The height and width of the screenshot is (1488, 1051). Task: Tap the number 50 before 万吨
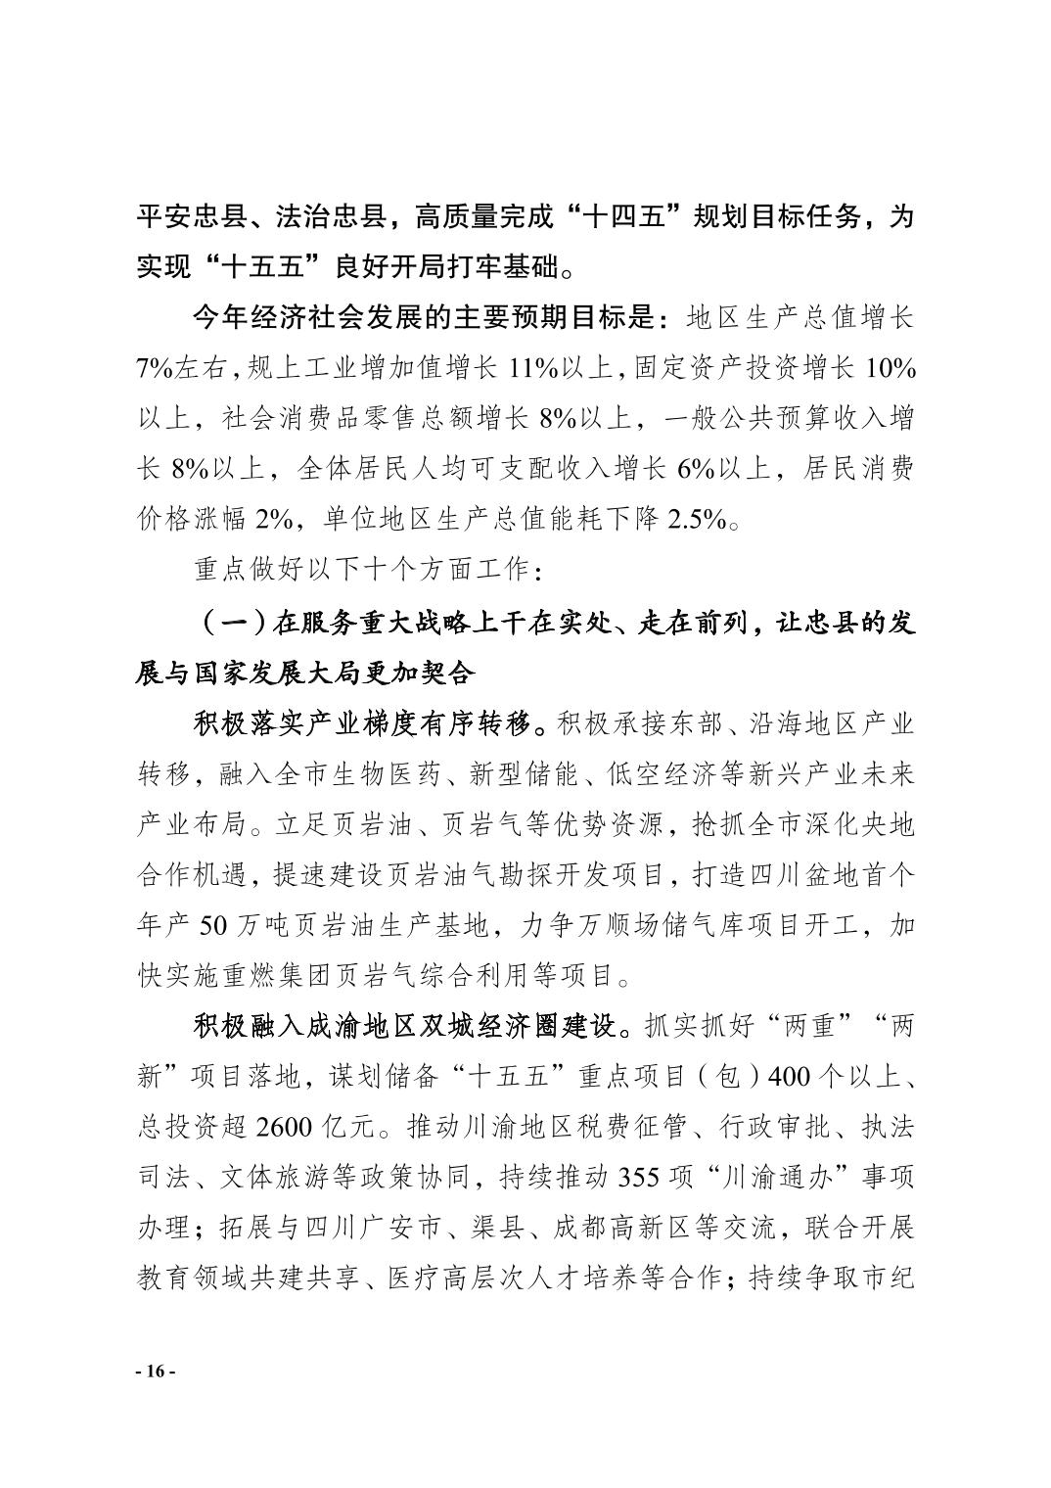click(217, 924)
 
